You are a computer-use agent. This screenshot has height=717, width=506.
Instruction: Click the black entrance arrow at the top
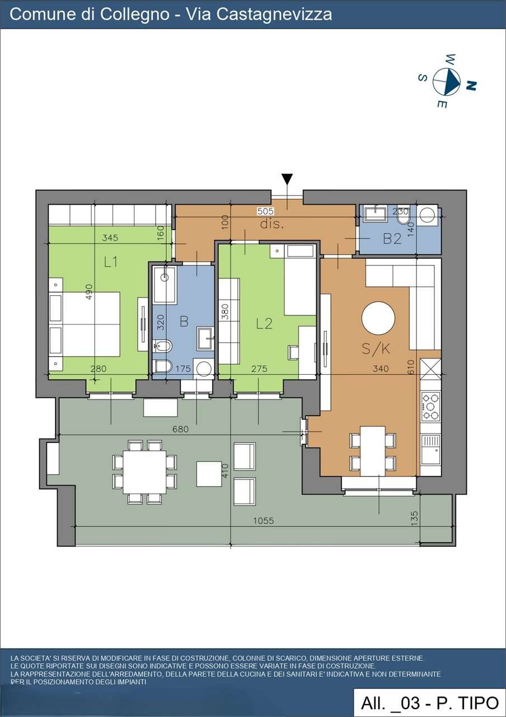tap(287, 179)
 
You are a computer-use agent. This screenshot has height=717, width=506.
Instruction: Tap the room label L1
tap(111, 263)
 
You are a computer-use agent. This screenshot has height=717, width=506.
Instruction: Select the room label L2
tap(264, 324)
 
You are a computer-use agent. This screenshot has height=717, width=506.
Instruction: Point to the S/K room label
tap(376, 348)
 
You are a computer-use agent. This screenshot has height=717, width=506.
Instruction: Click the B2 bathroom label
tap(392, 239)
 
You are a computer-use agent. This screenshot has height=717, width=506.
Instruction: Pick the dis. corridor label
tap(271, 224)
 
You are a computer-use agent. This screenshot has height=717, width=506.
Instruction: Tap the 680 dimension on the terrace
tap(180, 429)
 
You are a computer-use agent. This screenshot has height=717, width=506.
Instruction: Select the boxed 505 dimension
tap(265, 211)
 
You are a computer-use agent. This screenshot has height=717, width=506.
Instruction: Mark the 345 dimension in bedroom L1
tap(110, 238)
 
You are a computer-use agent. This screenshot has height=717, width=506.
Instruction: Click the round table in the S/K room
tap(378, 318)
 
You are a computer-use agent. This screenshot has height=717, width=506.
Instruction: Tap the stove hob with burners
tap(430, 407)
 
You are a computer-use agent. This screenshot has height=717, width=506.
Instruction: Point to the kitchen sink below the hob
tap(430, 449)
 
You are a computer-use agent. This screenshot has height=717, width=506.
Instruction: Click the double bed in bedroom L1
tap(85, 324)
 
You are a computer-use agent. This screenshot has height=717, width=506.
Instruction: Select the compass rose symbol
tap(447, 81)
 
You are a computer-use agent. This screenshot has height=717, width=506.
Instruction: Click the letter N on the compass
tap(471, 85)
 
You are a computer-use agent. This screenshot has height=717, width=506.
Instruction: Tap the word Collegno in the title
tap(135, 15)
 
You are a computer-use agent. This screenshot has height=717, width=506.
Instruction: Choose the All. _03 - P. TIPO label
tap(429, 702)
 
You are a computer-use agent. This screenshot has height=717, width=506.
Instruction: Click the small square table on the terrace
tap(209, 474)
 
